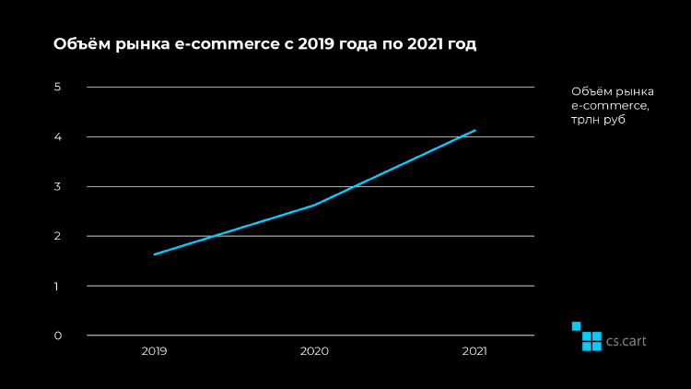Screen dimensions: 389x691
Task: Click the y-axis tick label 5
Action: point(57,88)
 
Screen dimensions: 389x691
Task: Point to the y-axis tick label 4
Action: point(57,137)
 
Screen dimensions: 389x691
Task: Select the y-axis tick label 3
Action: point(57,187)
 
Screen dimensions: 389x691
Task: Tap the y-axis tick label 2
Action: point(57,236)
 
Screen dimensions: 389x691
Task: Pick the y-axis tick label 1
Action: point(57,286)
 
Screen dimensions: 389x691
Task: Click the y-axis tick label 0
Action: point(57,336)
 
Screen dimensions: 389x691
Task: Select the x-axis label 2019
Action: point(154,351)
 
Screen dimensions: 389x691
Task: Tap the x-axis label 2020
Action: point(314,351)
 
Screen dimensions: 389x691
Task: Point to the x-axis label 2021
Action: point(474,351)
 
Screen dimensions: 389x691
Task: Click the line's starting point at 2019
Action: point(154,254)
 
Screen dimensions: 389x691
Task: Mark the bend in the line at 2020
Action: point(314,205)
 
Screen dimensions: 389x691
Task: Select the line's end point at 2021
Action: point(475,130)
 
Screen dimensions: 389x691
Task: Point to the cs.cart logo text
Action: point(627,340)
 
